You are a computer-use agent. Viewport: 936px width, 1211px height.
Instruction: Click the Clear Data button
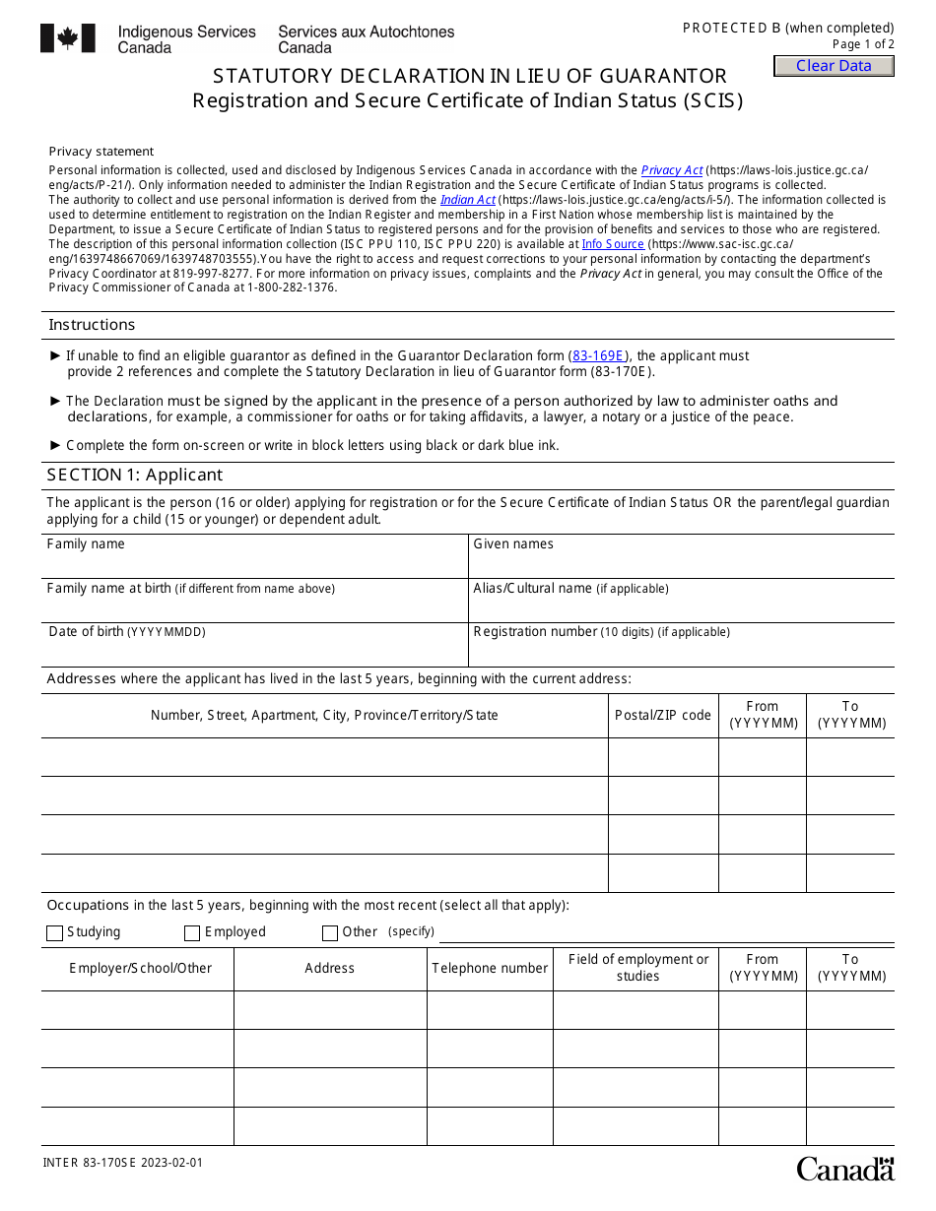pos(834,66)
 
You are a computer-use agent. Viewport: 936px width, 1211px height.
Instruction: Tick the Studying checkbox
pos(54,933)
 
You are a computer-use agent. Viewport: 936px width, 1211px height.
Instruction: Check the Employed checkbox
pos(192,933)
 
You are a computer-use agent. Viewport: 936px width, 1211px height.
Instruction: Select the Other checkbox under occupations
pos(330,933)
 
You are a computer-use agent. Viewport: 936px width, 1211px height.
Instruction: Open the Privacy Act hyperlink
pos(672,170)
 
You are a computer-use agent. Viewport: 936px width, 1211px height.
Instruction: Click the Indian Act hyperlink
pos(467,200)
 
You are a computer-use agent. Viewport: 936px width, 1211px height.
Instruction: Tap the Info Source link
pos(612,244)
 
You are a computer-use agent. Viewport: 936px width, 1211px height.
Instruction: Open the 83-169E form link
pos(598,355)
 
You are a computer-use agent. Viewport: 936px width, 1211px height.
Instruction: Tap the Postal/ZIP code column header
pos(662,716)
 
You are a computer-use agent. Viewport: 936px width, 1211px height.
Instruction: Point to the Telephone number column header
pos(490,969)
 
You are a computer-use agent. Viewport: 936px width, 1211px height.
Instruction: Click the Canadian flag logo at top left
pos(68,38)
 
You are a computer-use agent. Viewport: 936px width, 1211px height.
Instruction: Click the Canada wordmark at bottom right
pos(844,1169)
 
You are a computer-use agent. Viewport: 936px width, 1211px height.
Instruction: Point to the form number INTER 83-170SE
pos(122,1163)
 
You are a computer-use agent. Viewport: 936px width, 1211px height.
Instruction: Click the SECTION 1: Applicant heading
pos(135,476)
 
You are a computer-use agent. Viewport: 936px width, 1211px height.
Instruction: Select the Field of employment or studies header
pos(637,968)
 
